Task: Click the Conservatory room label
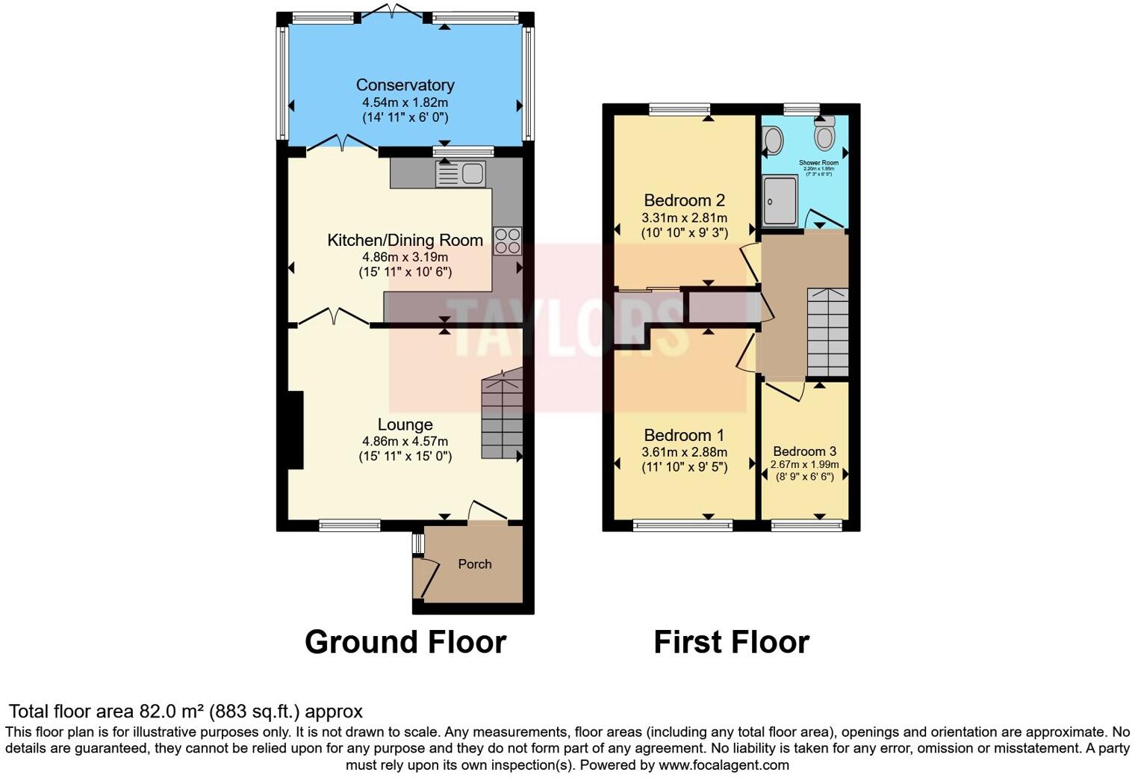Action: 405,85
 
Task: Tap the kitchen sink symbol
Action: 461,174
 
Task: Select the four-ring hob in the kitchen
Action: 508,241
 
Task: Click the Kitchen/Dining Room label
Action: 405,241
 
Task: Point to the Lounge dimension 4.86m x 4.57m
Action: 405,442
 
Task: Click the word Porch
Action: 475,564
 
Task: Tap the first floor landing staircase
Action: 828,332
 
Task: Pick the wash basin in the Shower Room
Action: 774,140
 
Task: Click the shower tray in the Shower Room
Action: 780,200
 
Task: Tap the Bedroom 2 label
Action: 684,200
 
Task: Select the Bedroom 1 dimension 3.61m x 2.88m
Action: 684,452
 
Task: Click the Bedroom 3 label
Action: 804,451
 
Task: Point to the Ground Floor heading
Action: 405,642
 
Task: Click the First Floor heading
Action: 731,642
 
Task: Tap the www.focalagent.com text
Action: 723,765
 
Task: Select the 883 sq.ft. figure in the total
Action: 243,711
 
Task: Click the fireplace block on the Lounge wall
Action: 296,430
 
